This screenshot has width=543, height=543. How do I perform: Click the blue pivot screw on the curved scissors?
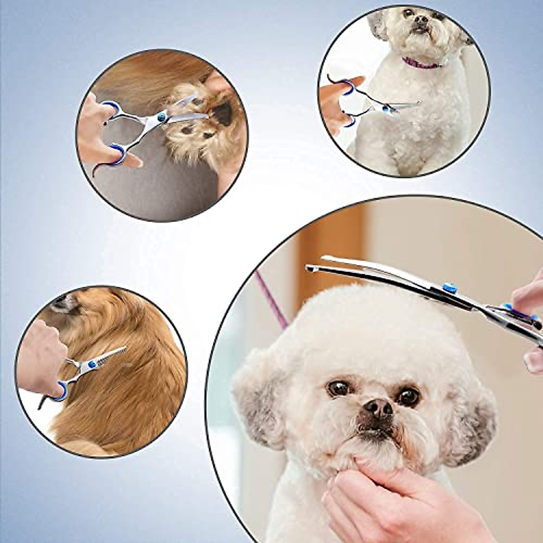point(449,287)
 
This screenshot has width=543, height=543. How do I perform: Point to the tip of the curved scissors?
point(310,269)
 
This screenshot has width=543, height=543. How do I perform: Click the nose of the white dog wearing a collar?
point(422,19)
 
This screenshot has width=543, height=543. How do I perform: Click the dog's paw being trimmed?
point(199,131)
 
